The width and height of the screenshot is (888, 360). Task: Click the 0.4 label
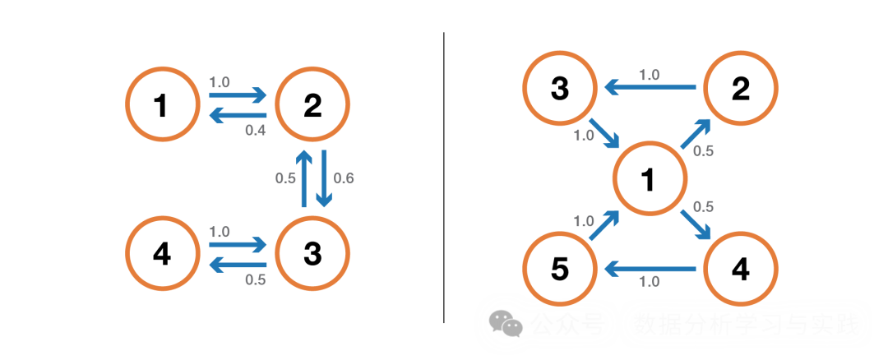tap(255, 130)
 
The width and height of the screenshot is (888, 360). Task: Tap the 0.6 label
tap(344, 178)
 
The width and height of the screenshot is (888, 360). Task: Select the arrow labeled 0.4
tap(238, 116)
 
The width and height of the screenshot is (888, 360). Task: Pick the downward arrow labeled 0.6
tap(323, 178)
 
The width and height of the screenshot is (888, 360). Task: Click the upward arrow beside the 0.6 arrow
tap(303, 178)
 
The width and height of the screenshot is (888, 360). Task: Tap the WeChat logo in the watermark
tap(506, 324)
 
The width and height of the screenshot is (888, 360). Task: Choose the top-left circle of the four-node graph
tap(163, 104)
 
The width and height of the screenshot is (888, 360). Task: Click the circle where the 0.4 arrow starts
tap(312, 104)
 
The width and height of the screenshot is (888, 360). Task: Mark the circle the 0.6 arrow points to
tap(312, 251)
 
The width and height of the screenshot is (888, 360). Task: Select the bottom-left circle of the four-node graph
tap(163, 251)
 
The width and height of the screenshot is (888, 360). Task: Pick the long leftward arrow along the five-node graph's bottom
tap(650, 268)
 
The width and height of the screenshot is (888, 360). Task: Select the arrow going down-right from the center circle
tap(696, 224)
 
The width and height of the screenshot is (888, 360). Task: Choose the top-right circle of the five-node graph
tap(742, 87)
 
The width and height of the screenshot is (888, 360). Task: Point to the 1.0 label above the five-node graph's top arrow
tap(650, 75)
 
